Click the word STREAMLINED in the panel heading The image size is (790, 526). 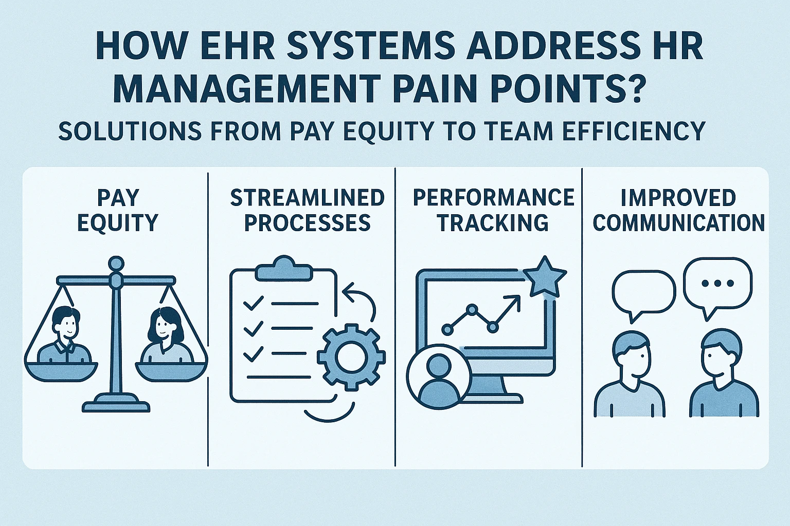click(x=307, y=197)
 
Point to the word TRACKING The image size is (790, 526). click(x=493, y=222)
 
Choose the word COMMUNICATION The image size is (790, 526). click(x=679, y=222)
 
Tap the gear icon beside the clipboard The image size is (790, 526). click(x=351, y=357)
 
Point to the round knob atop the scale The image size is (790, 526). click(x=116, y=264)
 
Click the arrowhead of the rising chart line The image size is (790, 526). click(x=514, y=301)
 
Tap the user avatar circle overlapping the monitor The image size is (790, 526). click(x=439, y=377)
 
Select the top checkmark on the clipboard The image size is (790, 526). click(x=253, y=303)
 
